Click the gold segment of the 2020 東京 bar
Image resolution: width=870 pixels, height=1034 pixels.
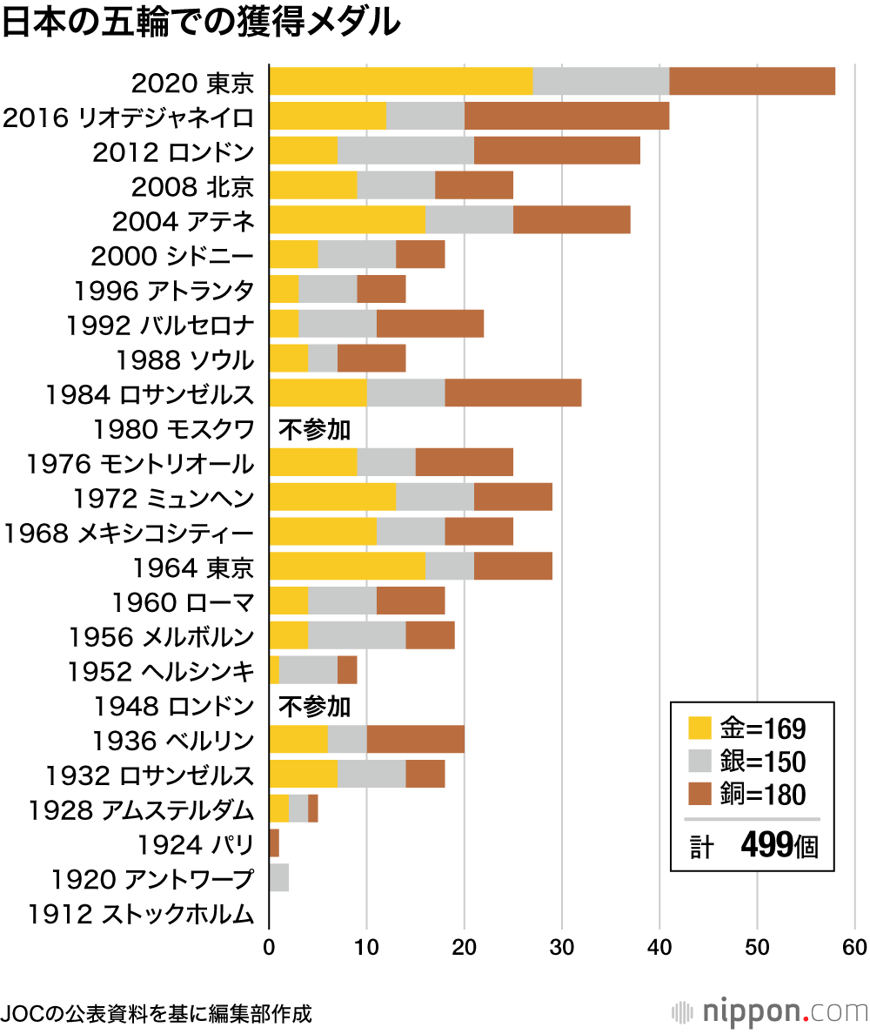tap(400, 81)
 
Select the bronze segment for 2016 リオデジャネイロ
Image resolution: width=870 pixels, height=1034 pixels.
tap(566, 116)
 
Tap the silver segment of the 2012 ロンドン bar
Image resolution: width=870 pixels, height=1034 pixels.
tap(405, 151)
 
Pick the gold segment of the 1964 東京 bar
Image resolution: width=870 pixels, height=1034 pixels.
tap(347, 566)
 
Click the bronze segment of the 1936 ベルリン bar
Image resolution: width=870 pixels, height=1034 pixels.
tap(415, 739)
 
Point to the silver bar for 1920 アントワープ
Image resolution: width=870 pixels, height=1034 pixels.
tap(279, 877)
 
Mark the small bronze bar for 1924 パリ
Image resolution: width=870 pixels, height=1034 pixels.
tap(274, 843)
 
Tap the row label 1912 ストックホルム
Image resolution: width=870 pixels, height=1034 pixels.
tap(141, 914)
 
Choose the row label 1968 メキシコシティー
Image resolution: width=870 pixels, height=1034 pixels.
tap(129, 533)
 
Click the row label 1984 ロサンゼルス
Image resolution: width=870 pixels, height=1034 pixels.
tap(150, 394)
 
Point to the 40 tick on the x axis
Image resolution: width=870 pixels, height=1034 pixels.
tap(659, 947)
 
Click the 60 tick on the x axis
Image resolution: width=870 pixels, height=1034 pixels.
tap(854, 947)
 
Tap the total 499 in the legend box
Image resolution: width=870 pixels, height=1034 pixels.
tap(766, 844)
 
